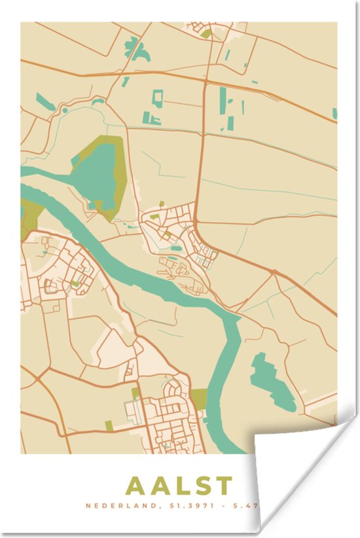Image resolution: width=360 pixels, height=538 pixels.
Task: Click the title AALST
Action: pyautogui.click(x=178, y=486)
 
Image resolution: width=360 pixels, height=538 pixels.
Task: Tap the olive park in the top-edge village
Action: pyautogui.click(x=206, y=33)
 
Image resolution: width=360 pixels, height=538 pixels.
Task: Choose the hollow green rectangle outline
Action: pyautogui.click(x=157, y=98)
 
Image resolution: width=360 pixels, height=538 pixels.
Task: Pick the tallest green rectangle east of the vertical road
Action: pyautogui.click(x=223, y=98)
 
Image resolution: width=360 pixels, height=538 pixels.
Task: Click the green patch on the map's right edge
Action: pyautogui.click(x=334, y=113)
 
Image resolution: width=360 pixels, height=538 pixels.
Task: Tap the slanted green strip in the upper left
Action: pyautogui.click(x=45, y=101)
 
